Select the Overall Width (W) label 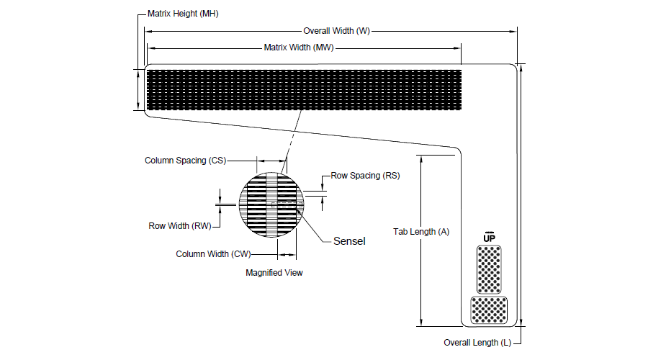pyautogui.click(x=336, y=31)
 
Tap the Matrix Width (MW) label pyautogui.click(x=300, y=48)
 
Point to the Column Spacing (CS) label pyautogui.click(x=185, y=161)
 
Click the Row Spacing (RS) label pyautogui.click(x=365, y=175)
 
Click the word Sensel pyautogui.click(x=349, y=241)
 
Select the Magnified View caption pyautogui.click(x=274, y=272)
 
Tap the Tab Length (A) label pyautogui.click(x=421, y=232)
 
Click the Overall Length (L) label pyautogui.click(x=477, y=343)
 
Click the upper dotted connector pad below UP pyautogui.click(x=490, y=269)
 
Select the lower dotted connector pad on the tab pyautogui.click(x=489, y=310)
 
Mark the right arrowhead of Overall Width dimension pyautogui.click(x=514, y=31)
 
